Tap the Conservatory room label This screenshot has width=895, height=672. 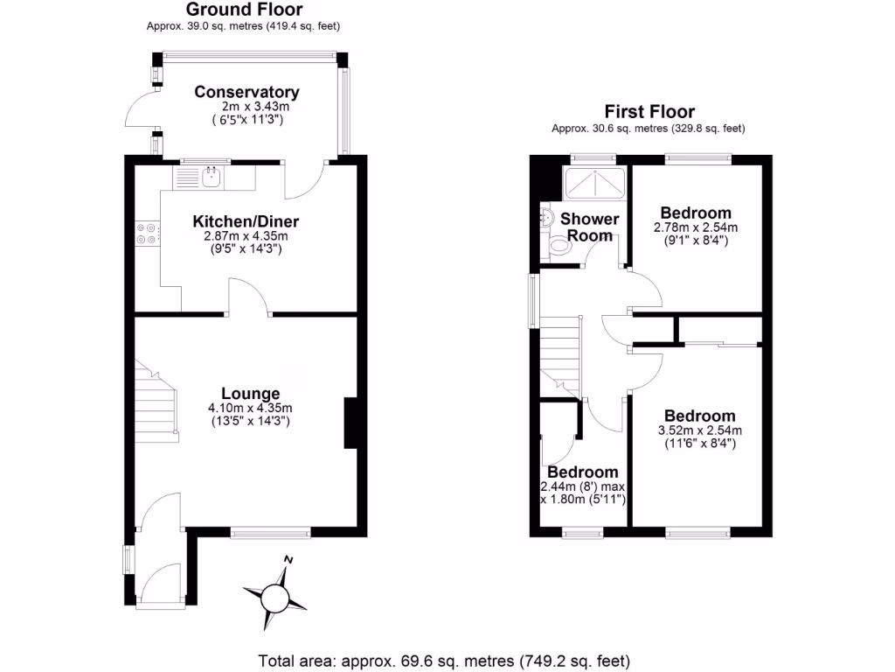pyautogui.click(x=246, y=92)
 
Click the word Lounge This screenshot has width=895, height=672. pyautogui.click(x=250, y=394)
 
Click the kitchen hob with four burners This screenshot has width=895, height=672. pyautogui.click(x=146, y=234)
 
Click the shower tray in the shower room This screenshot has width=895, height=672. pyautogui.click(x=594, y=183)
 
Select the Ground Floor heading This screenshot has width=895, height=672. pyautogui.click(x=244, y=10)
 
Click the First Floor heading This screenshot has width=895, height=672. pyautogui.click(x=649, y=111)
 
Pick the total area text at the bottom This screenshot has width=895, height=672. pyautogui.click(x=444, y=660)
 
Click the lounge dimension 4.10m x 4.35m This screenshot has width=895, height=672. pyautogui.click(x=250, y=408)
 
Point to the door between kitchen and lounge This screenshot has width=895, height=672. pyautogui.click(x=249, y=297)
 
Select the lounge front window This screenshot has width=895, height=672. pyautogui.click(x=270, y=530)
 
